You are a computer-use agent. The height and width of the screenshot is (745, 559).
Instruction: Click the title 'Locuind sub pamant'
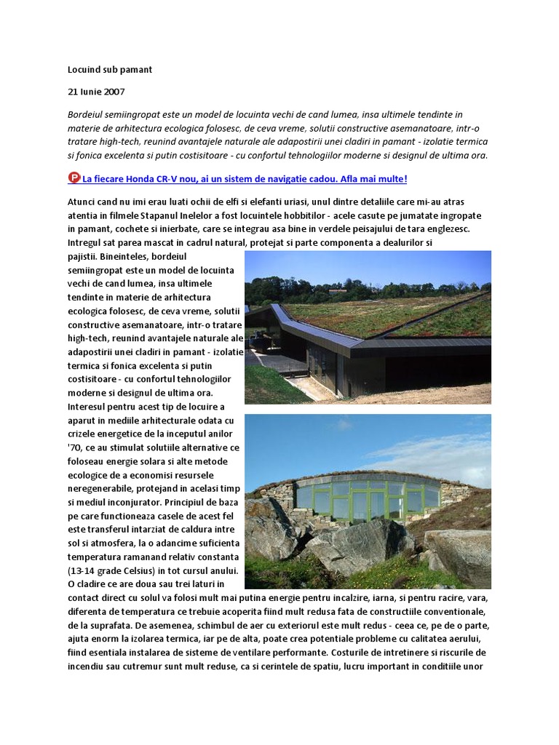tap(110, 70)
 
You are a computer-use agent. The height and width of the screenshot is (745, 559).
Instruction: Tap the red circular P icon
tap(74, 178)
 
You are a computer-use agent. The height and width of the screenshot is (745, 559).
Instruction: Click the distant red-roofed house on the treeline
tap(338, 290)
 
